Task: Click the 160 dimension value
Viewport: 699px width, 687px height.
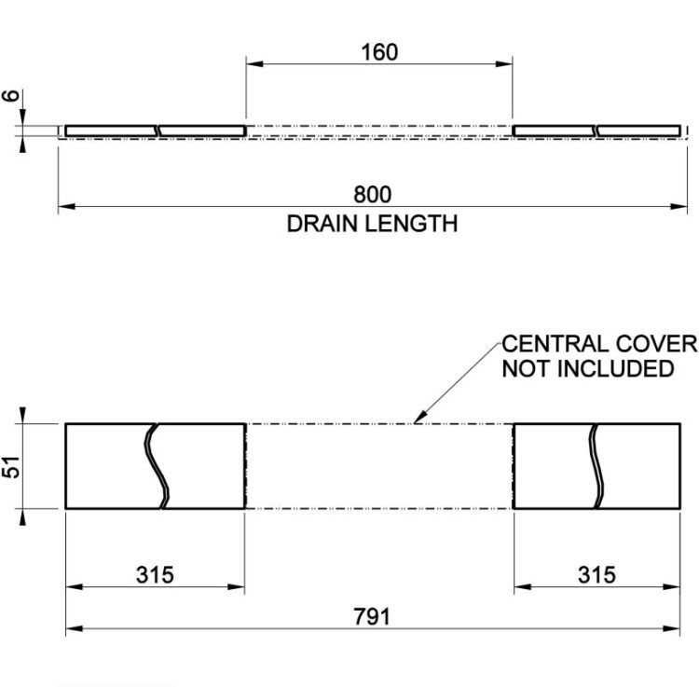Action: [x=379, y=52]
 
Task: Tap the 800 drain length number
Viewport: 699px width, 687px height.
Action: [x=372, y=195]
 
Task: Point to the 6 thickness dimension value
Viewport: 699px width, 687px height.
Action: [x=11, y=95]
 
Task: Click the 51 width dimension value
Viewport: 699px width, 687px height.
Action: [x=11, y=467]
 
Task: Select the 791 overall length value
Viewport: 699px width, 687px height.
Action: [x=372, y=616]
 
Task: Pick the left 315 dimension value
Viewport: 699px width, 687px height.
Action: [x=155, y=574]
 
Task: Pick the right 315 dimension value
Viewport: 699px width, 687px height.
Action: [x=596, y=574]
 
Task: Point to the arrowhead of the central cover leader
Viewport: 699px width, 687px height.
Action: [x=416, y=420]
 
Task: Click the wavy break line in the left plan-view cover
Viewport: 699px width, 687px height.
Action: [x=157, y=466]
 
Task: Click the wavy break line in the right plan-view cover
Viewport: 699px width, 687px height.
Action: [x=596, y=466]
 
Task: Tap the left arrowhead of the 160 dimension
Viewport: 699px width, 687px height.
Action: [x=254, y=63]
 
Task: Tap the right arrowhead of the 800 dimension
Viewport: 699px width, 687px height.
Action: [x=679, y=206]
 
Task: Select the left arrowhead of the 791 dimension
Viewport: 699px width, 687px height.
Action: [x=74, y=628]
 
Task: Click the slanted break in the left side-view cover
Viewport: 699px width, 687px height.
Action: [x=157, y=131]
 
